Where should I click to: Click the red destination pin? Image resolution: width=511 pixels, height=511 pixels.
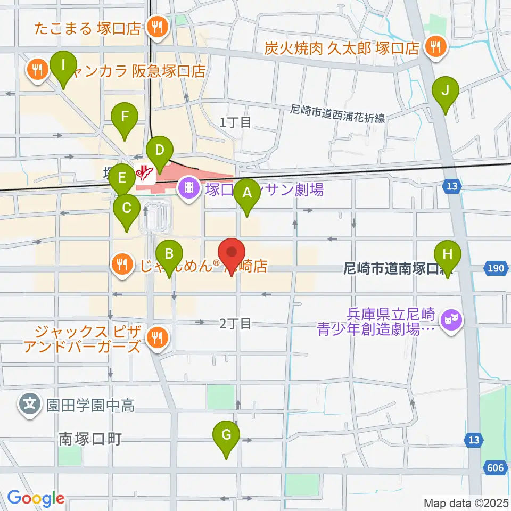click(232, 254)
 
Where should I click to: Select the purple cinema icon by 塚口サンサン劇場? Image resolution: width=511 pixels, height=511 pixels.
click(188, 188)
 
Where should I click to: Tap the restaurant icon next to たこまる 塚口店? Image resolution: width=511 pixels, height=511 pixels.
click(156, 27)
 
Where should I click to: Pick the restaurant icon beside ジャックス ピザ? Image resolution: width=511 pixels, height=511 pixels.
click(156, 336)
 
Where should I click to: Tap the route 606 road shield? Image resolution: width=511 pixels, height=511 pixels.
click(494, 467)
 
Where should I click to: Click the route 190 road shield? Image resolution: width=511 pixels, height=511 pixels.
click(494, 268)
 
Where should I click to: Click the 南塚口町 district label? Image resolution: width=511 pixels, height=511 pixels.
click(90, 439)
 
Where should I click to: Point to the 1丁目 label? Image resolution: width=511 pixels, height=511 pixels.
click(236, 123)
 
